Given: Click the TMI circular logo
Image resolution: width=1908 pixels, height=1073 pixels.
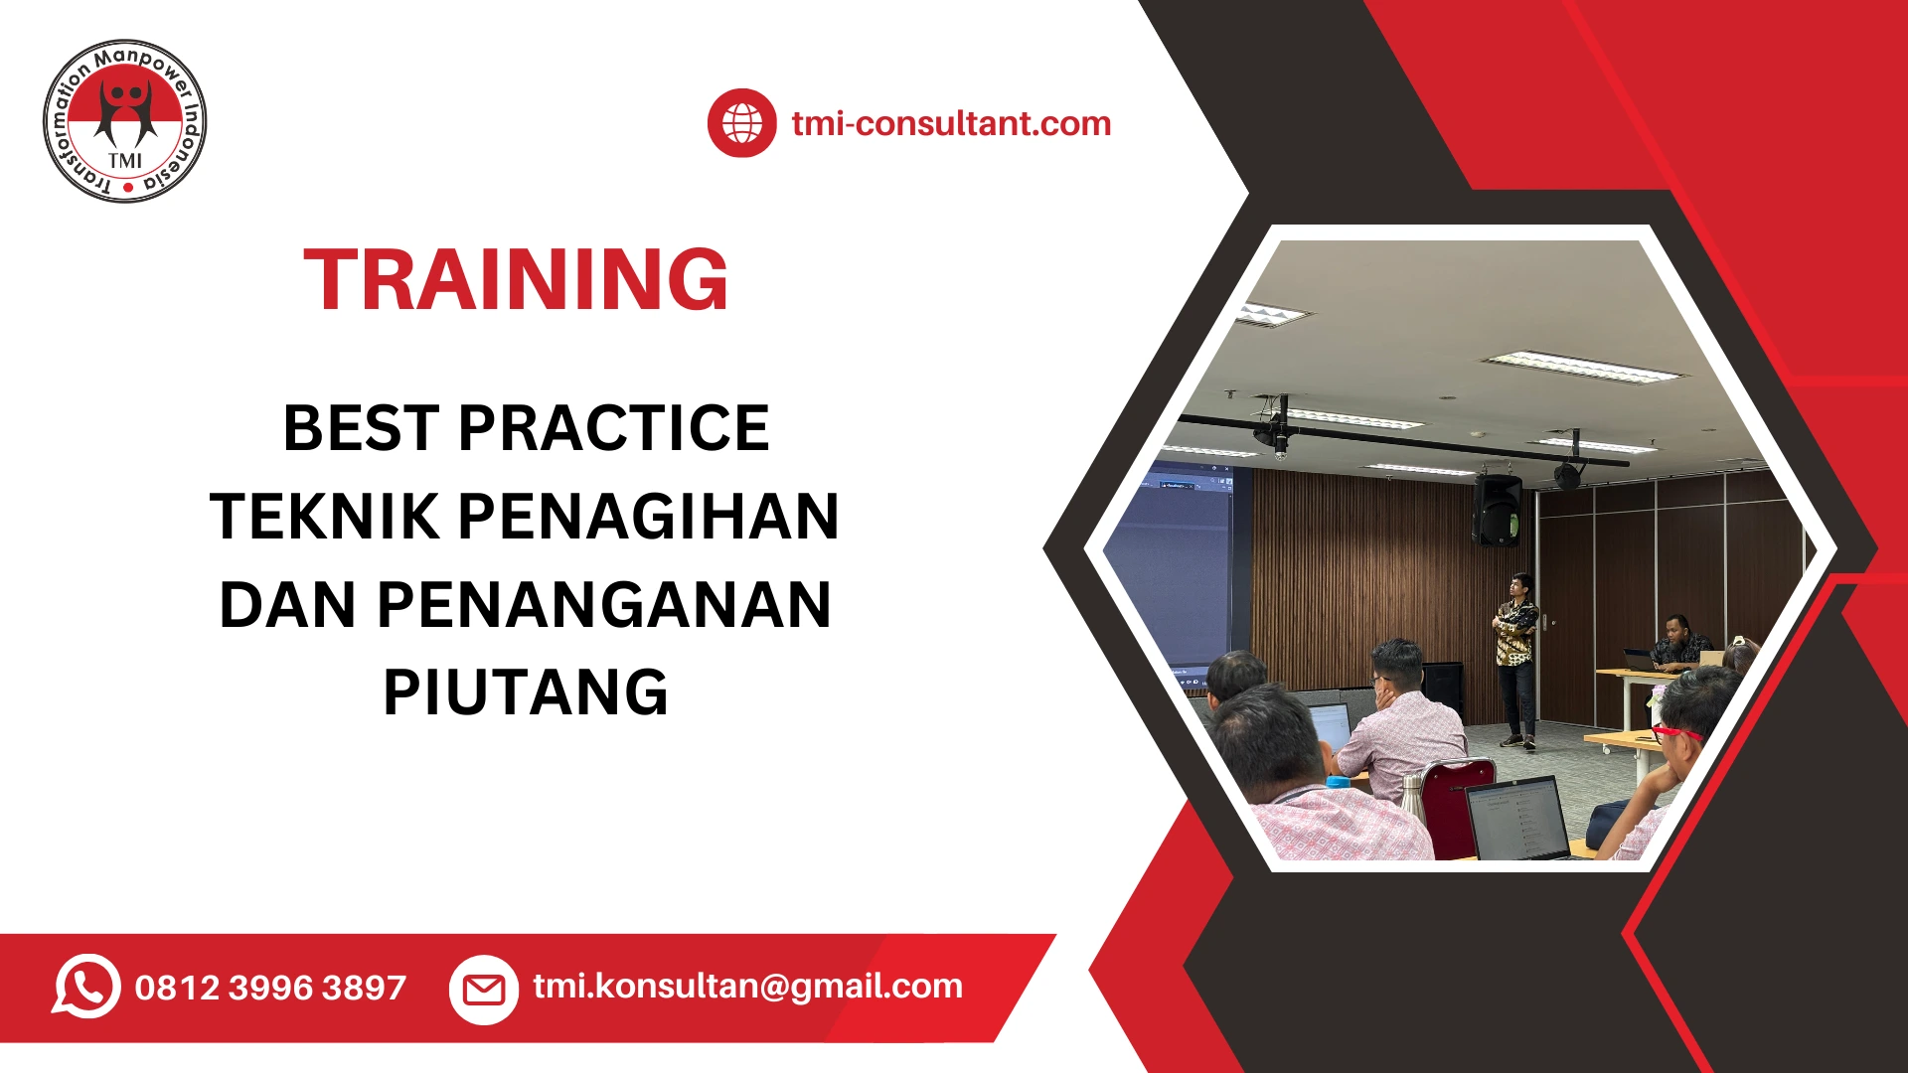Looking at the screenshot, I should click(x=125, y=121).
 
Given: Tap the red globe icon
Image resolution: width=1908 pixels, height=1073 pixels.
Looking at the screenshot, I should click(x=741, y=123).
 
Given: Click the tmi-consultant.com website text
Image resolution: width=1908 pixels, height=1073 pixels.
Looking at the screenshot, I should click(x=951, y=123).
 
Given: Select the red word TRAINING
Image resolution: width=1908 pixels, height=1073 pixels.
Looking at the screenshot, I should click(x=516, y=280).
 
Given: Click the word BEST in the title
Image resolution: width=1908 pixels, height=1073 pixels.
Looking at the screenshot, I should click(x=361, y=428).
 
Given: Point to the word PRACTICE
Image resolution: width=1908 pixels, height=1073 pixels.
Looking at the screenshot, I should click(x=613, y=428).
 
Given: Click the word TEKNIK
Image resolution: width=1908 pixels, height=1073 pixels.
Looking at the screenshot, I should click(x=324, y=517).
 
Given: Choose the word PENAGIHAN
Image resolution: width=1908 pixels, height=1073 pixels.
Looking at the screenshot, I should click(x=648, y=517).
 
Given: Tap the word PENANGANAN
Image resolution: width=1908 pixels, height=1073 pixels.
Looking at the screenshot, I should click(x=603, y=605).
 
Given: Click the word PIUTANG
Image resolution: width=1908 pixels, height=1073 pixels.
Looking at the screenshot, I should click(x=526, y=692).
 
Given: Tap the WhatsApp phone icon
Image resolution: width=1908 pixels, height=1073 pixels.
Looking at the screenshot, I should click(x=86, y=987).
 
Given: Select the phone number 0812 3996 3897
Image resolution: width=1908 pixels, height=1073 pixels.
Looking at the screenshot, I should click(x=270, y=988).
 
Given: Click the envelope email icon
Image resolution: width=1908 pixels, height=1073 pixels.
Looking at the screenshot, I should click(x=484, y=989).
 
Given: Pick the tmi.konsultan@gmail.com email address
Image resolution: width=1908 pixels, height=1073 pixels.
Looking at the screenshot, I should click(x=747, y=986).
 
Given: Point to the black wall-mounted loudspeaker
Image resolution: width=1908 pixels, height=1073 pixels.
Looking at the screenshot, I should click(x=1497, y=509).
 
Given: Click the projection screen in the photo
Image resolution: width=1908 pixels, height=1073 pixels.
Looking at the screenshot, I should click(x=1173, y=566).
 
